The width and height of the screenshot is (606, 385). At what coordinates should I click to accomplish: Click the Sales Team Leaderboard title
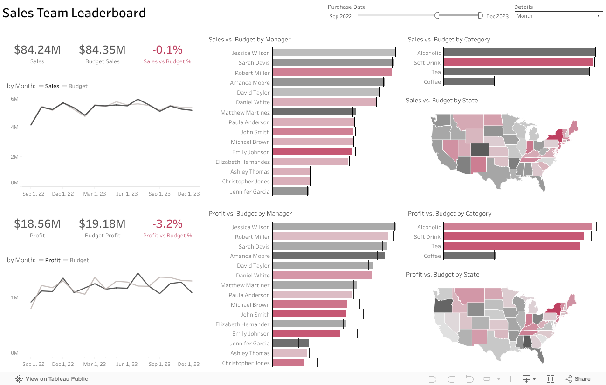(74, 13)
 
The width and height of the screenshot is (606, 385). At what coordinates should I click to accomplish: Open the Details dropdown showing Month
(558, 16)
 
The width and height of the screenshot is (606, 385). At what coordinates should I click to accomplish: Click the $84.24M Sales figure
(37, 50)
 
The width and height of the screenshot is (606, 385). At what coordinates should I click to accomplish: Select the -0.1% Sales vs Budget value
(167, 50)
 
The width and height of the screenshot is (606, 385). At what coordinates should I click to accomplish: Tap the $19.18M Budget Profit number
(102, 224)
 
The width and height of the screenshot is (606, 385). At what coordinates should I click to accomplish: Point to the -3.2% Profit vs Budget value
(167, 224)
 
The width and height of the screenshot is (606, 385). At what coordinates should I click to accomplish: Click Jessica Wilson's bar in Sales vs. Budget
(333, 53)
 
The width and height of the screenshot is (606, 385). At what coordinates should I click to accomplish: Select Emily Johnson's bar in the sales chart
(312, 151)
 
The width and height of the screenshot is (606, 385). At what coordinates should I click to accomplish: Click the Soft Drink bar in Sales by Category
(517, 62)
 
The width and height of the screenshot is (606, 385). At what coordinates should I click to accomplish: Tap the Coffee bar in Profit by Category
(468, 256)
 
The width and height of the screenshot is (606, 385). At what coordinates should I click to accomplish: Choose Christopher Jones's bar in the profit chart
(288, 363)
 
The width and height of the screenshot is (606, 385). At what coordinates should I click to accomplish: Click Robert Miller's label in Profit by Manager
(252, 236)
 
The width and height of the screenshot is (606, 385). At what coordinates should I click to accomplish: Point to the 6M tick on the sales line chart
(14, 99)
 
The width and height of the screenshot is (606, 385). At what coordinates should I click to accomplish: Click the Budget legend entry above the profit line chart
(79, 260)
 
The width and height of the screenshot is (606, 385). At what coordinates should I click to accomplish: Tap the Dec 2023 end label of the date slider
(497, 16)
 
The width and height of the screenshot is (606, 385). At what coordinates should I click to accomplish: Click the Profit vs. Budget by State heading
(442, 274)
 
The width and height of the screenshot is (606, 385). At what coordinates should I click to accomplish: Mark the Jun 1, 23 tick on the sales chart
(127, 194)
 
